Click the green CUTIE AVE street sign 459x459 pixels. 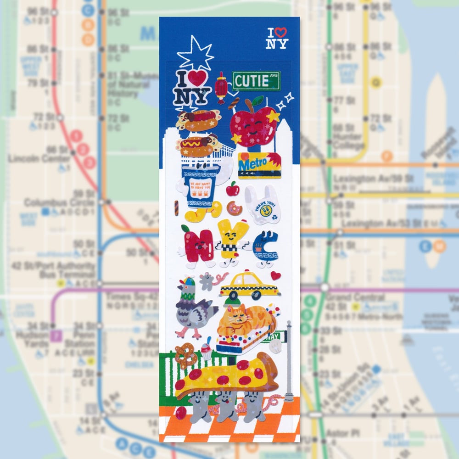[256, 81]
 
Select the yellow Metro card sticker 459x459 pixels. [259, 165]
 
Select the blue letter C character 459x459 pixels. [265, 248]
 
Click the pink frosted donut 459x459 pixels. [235, 208]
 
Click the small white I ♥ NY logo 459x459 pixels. [278, 38]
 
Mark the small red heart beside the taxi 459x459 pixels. [275, 275]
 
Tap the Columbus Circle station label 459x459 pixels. [53, 202]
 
